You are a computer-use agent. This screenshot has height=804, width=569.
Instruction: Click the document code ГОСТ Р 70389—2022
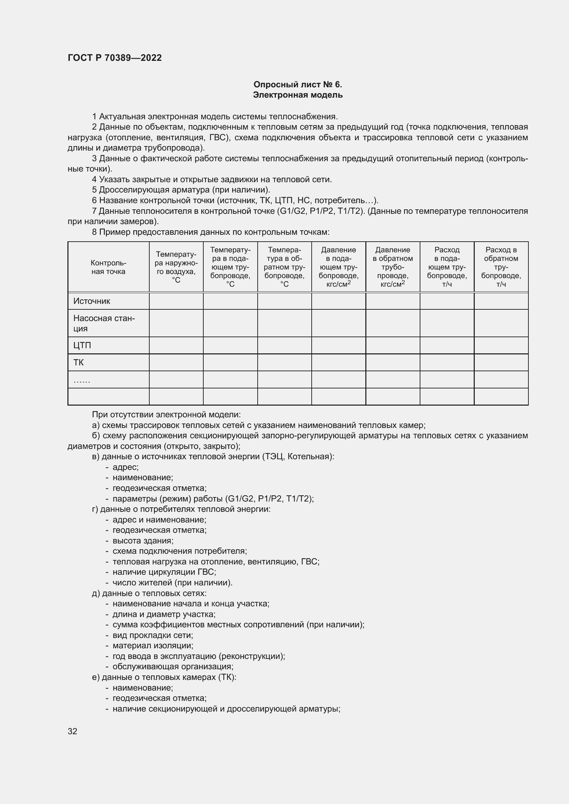coord(115,58)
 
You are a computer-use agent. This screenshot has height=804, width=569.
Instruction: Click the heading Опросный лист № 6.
coord(298,85)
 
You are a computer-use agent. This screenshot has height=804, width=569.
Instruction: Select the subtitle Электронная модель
coord(298,95)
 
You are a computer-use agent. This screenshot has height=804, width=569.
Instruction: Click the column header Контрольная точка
coord(108,267)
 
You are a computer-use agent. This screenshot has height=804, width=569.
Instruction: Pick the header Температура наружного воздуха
coord(176,267)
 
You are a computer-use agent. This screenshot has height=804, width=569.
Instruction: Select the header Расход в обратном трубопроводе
coord(501,267)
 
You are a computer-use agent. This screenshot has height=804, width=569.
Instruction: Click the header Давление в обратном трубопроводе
coord(393,267)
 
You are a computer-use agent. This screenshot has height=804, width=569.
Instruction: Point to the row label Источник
coord(92,301)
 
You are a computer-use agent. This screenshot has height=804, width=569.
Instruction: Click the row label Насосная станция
coord(104,323)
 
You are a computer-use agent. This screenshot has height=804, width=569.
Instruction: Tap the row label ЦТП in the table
coord(82,345)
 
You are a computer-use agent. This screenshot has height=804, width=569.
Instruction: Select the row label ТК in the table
coord(78,362)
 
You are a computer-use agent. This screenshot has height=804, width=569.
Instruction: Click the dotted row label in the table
coord(82,380)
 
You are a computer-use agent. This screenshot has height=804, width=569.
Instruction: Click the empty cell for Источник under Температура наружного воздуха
coord(176,301)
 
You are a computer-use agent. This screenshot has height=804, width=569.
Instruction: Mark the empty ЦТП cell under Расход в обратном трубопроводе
coord(501,345)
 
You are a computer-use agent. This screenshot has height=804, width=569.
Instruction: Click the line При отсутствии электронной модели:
coord(167,415)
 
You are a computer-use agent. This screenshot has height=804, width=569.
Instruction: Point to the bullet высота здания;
coord(143,540)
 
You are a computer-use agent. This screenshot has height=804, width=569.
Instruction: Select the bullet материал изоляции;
coord(153,646)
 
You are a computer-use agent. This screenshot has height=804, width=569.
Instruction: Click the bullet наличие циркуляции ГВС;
coord(164,572)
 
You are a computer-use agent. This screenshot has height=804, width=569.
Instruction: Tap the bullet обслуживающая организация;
coord(173,667)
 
